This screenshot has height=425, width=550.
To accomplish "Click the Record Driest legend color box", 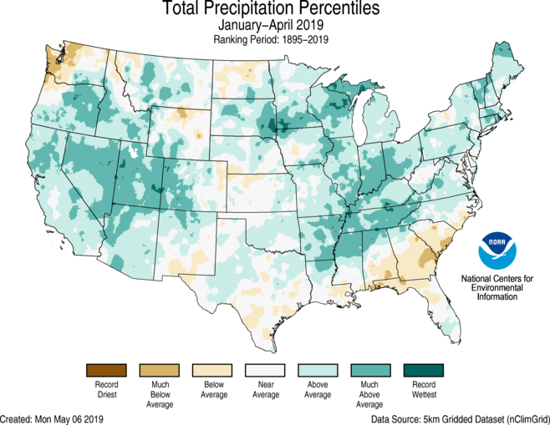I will point(105,370).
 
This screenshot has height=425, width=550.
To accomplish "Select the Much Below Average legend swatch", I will point(159,370).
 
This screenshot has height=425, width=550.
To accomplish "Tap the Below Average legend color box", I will point(212,370).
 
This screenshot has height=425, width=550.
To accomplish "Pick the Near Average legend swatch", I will point(265,370).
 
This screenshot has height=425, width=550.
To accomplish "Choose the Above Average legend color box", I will point(318,370).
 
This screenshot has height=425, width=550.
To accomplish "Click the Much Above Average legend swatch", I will point(371,370).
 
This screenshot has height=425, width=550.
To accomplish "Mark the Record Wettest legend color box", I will point(424,370).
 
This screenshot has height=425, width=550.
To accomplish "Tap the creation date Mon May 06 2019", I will point(77,417).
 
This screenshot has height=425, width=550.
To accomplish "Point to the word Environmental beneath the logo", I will point(498,286).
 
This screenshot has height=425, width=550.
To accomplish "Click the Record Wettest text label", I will point(424,389).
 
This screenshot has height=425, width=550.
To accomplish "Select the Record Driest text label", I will point(105,389).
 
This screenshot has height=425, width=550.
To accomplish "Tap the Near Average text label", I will point(265,389).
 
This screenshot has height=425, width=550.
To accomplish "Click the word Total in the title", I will point(182,10).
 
